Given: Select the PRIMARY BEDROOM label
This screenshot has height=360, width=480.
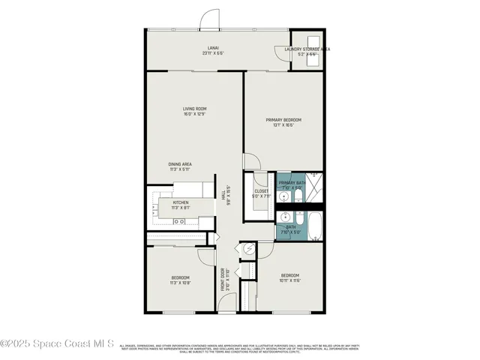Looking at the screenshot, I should coord(283,120).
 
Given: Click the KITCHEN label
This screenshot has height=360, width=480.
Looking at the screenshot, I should coord(181,202).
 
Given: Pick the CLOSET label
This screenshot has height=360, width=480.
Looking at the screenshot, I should coord(261,191).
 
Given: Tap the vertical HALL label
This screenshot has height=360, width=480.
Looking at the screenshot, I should coord(223,193).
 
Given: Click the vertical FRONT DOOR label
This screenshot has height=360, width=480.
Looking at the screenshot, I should coord(223,278).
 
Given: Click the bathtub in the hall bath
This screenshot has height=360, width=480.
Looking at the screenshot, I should coord(315,226).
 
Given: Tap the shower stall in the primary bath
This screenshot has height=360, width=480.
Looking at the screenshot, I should coord(316,188).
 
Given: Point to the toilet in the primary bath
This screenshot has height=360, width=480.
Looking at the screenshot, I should coord(297,196).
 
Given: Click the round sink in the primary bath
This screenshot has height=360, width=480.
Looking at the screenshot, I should coord(283,197).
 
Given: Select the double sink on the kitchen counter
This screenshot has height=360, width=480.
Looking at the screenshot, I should coord(180,221).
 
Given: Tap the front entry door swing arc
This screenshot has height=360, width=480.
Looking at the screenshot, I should coord(227,304).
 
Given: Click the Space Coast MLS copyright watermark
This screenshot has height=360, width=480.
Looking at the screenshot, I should coord(57,344).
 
